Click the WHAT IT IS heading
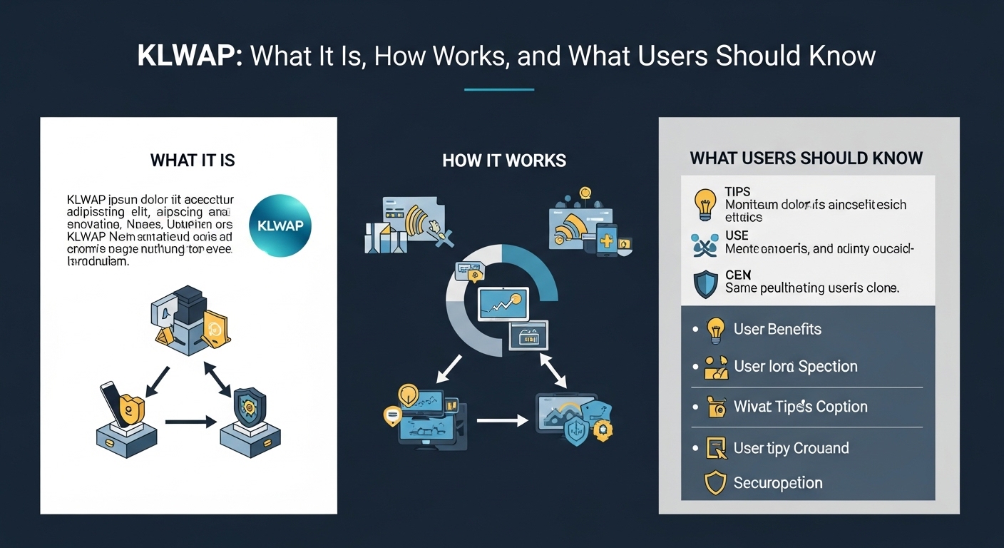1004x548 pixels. coord(193,160)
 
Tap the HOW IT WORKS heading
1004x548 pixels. coord(504,161)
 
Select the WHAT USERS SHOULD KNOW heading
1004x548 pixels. coord(806,158)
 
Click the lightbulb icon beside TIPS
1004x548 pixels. coord(705,203)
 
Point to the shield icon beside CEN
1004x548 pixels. coord(705,283)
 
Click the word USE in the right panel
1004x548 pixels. coord(737,235)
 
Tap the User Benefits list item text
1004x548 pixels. coord(777,329)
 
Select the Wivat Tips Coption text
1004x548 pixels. coord(800,407)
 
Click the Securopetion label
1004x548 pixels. coord(778,483)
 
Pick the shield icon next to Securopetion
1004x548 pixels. coord(714,483)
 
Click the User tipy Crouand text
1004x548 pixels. coord(791,448)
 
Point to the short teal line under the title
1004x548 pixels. coord(498,90)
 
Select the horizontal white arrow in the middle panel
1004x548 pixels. coord(501,421)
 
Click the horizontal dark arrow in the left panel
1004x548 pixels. coord(190,422)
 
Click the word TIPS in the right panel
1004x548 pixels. coord(738,193)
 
